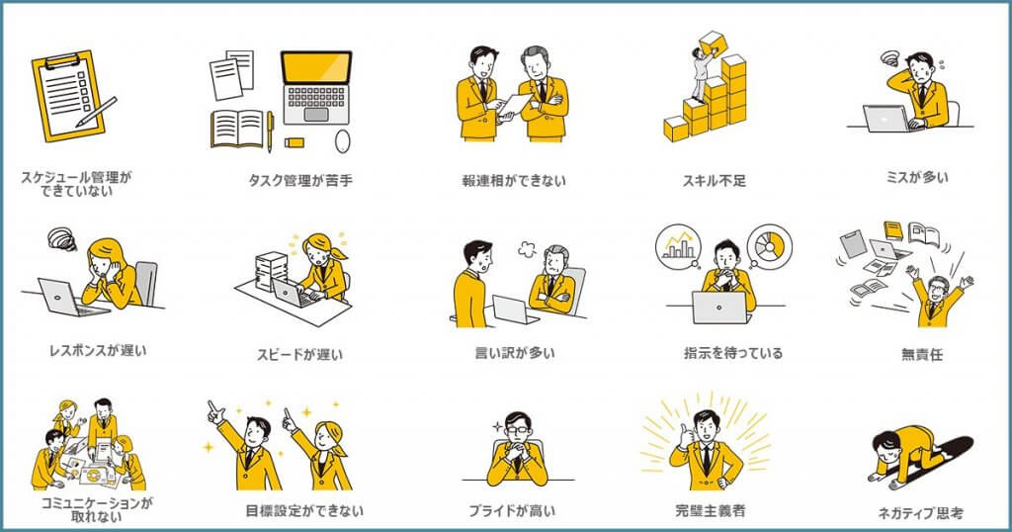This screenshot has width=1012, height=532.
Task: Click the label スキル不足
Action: [x=714, y=181]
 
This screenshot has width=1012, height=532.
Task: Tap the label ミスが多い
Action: [x=917, y=177]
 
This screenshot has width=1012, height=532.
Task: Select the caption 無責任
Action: [x=922, y=354]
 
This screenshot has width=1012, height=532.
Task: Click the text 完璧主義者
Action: [x=710, y=510]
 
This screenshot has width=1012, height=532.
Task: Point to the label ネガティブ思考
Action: [x=920, y=513]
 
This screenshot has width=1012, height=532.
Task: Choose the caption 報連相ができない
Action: [x=514, y=181]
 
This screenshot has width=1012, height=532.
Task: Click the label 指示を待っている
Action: [x=733, y=353]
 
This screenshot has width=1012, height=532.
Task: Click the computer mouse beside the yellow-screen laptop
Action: [x=343, y=140]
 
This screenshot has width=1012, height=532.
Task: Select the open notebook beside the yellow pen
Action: [x=237, y=129]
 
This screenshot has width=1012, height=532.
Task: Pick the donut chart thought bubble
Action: [x=769, y=245]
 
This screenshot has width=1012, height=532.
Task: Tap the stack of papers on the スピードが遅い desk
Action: [x=271, y=271]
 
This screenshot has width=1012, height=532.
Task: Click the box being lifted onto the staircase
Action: [x=714, y=44]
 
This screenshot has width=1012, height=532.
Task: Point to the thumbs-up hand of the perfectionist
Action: [x=684, y=436]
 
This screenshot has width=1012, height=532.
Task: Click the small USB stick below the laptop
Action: [x=294, y=142]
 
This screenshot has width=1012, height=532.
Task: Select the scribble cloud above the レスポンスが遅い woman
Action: [x=62, y=238]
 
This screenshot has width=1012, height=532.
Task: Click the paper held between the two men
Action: [x=516, y=105]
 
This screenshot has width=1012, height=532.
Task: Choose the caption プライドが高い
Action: [x=512, y=510]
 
